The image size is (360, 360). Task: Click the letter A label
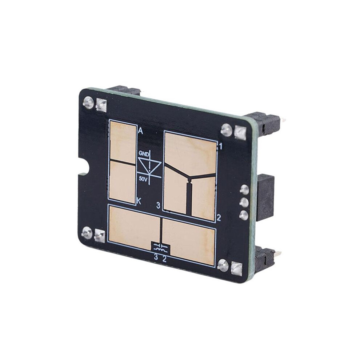[140, 131]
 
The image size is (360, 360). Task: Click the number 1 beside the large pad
[220, 147]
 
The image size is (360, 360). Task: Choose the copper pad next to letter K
[122, 182]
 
